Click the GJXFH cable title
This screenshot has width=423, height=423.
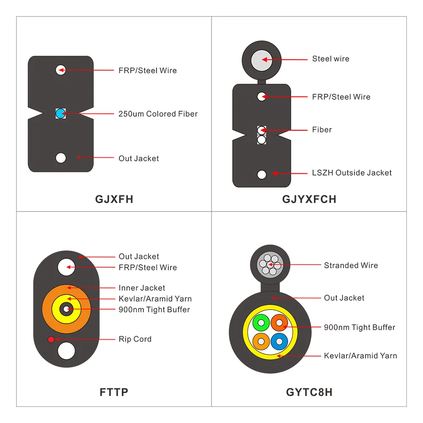(x=114, y=199)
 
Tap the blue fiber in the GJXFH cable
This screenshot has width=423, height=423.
(x=60, y=113)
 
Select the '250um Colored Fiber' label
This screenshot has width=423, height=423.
(x=158, y=114)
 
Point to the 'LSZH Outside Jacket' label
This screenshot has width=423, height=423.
(x=352, y=173)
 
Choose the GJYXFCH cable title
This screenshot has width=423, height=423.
(x=309, y=199)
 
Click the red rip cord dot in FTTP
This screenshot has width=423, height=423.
(x=51, y=339)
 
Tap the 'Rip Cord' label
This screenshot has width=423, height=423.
(x=135, y=339)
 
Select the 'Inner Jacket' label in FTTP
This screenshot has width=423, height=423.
(x=142, y=288)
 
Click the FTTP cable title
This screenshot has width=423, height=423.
(x=114, y=392)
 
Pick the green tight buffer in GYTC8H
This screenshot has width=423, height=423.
(x=261, y=323)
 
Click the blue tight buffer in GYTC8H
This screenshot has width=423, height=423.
(x=278, y=341)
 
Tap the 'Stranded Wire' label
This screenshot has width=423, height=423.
(x=351, y=265)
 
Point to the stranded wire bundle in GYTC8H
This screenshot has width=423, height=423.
(x=269, y=265)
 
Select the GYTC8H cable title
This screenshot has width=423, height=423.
(x=309, y=392)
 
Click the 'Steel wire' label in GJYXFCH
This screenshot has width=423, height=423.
(x=331, y=59)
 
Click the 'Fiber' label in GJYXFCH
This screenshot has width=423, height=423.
(x=322, y=129)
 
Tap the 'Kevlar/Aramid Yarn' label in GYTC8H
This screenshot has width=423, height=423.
(x=360, y=356)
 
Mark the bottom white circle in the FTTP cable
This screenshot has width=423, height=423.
(x=66, y=351)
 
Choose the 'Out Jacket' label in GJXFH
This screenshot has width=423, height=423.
(x=139, y=158)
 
